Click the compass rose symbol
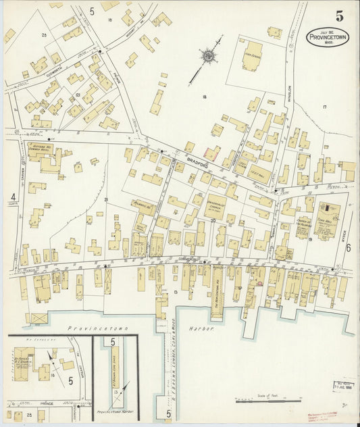click(x=209, y=56)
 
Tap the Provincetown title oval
click(x=328, y=37)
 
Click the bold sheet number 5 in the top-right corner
click(x=338, y=16)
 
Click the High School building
click(x=252, y=57)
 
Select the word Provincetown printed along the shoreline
click(x=92, y=328)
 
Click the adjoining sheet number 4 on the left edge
click(x=13, y=197)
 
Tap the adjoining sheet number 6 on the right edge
click(x=349, y=248)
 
